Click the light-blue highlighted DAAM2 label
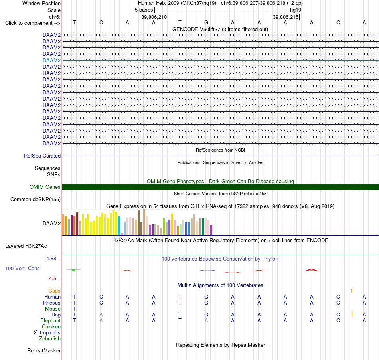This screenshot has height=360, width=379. click(x=51, y=60)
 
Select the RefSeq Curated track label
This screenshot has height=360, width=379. click(x=42, y=156)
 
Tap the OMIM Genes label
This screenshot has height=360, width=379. click(x=45, y=187)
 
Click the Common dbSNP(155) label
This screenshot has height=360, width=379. click(x=36, y=199)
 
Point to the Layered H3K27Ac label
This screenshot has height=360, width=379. click(x=26, y=246)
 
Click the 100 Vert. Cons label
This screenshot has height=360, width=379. click(x=22, y=268)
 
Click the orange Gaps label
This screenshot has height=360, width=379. click(x=54, y=291)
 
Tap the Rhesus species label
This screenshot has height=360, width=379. click(x=52, y=303)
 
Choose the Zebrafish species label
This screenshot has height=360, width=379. click(x=50, y=338)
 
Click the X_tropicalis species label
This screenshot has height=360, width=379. click(x=47, y=333)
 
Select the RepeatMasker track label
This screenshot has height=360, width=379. click(x=44, y=350)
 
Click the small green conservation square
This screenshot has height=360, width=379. click(x=73, y=270)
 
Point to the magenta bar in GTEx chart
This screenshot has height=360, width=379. click(x=211, y=230)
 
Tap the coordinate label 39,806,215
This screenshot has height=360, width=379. click(x=286, y=17)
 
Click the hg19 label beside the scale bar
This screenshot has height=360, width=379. click(x=296, y=10)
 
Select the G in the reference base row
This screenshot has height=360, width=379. click(x=206, y=22)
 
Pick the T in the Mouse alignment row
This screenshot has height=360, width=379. click(x=75, y=309)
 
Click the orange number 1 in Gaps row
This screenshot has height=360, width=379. click(x=352, y=291)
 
